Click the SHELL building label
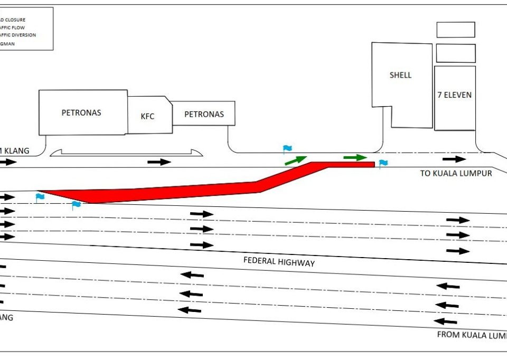(400, 75)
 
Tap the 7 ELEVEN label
(454, 95)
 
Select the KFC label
(148, 116)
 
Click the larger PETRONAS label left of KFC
(81, 112)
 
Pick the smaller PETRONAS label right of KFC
(204, 114)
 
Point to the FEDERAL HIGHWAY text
(279, 261)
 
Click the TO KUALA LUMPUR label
(456, 173)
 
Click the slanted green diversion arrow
(296, 160)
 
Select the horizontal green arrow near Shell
(355, 157)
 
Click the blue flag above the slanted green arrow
(287, 149)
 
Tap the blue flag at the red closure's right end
(383, 163)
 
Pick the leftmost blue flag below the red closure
(40, 197)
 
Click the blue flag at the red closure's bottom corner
(76, 205)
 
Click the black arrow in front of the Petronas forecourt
(159, 162)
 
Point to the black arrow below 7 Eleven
(454, 159)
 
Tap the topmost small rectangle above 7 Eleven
(455, 30)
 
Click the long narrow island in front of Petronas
(127, 153)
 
